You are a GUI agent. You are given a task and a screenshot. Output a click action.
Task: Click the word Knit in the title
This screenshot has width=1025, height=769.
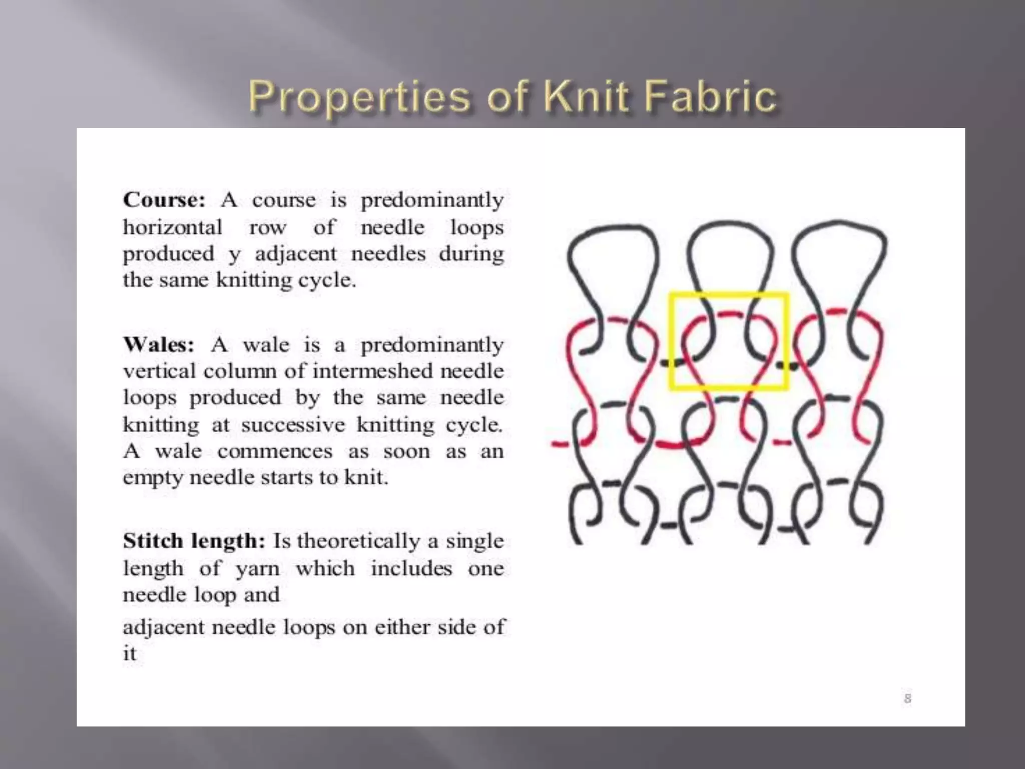586,96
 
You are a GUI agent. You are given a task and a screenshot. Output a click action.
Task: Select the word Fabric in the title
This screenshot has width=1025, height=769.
709,96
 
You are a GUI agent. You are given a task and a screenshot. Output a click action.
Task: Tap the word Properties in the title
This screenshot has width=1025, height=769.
359,98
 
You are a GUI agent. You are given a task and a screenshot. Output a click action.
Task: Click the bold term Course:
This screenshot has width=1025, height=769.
164,200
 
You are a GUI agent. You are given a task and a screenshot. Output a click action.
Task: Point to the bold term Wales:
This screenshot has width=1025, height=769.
159,344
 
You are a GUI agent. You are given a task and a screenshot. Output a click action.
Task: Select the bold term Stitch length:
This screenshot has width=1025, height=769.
194,541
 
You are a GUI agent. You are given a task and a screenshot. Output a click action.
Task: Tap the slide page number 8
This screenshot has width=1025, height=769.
907,698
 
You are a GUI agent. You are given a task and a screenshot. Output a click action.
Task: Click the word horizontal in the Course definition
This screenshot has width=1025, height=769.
173,227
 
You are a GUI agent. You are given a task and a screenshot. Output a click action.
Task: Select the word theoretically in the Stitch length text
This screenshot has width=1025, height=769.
358,541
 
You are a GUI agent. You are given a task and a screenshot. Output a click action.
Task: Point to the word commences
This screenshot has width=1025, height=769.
275,451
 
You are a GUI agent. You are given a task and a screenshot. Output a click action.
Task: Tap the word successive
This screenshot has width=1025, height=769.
293,425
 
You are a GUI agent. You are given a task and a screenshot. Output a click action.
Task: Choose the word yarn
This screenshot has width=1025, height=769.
257,569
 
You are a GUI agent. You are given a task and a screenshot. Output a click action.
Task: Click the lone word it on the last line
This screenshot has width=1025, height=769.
130,653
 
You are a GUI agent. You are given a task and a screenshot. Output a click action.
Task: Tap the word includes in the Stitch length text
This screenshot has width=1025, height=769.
411,568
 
